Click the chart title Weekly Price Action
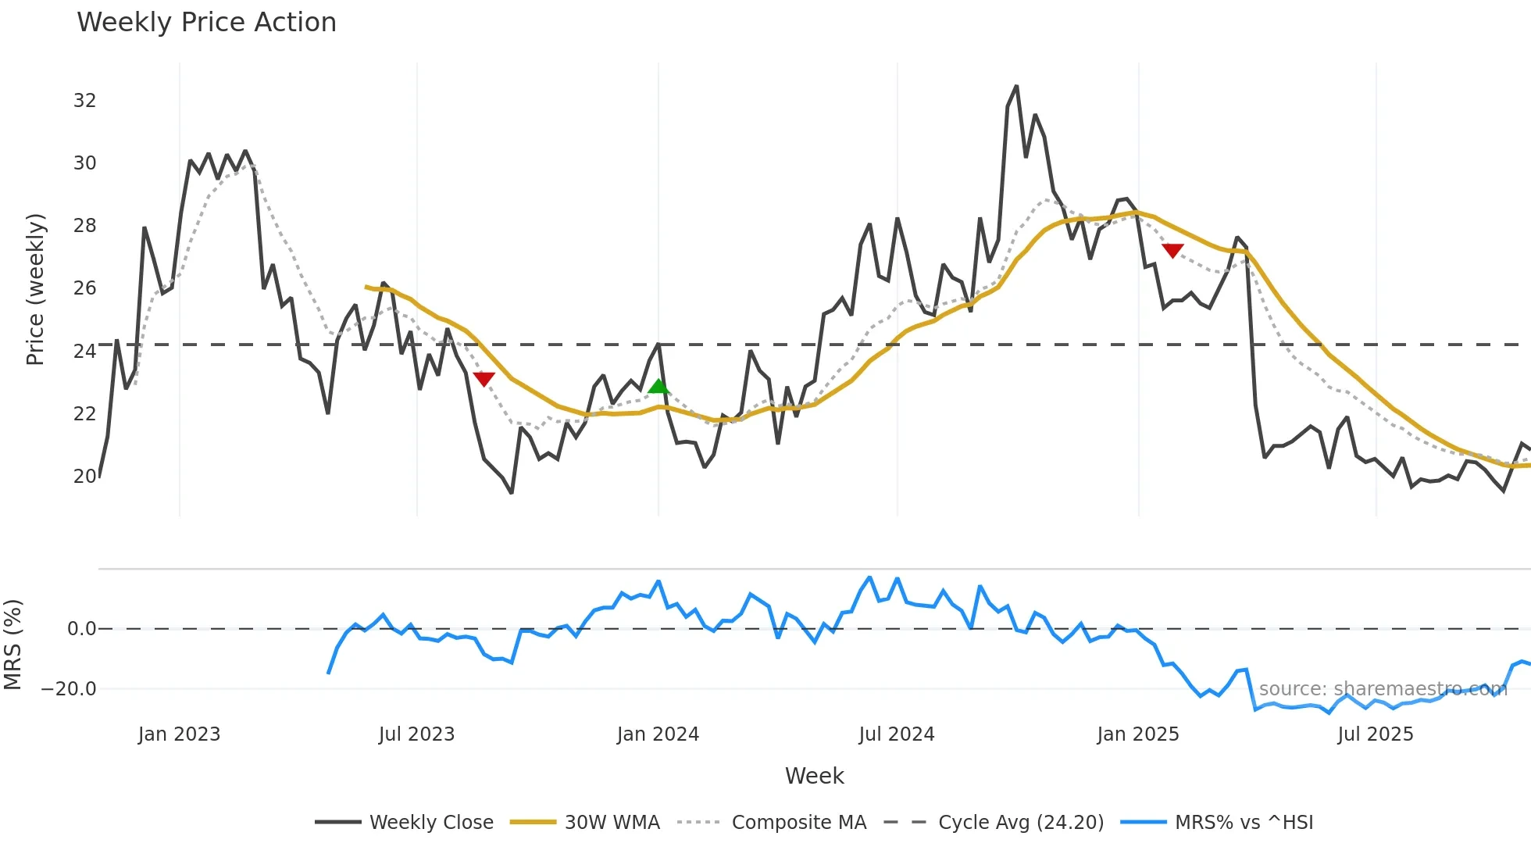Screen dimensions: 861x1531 click(x=206, y=23)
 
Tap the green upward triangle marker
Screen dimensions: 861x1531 click(x=658, y=386)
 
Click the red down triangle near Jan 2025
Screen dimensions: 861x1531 click(x=1172, y=250)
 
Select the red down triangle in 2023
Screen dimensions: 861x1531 click(x=484, y=379)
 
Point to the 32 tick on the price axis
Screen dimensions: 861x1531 click(x=84, y=101)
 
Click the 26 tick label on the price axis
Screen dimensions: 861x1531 click(x=84, y=288)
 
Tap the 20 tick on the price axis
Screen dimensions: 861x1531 click(x=84, y=476)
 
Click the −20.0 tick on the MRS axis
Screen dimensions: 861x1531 click(x=69, y=689)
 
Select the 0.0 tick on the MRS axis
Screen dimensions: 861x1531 click(x=81, y=629)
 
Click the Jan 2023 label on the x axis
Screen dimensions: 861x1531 click(x=179, y=734)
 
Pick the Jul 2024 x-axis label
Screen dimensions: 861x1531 click(x=896, y=734)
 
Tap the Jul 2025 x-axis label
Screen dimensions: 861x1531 click(x=1375, y=734)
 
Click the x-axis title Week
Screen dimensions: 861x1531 click(x=814, y=776)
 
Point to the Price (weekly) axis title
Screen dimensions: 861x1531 click(x=36, y=289)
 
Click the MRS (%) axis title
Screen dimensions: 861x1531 click(x=12, y=645)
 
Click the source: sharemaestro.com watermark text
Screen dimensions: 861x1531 click(x=1383, y=689)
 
